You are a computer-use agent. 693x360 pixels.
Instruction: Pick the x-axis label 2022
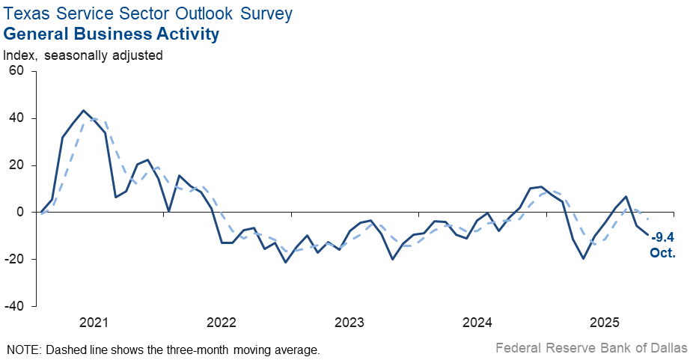point(222,323)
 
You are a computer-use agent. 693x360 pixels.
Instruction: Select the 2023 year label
point(349,323)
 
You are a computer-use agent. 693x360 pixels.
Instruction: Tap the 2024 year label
point(477,323)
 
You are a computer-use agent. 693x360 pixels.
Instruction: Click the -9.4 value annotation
point(663,237)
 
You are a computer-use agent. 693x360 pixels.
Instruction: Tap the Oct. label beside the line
point(663,253)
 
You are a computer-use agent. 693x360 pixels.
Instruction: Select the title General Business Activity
point(112,34)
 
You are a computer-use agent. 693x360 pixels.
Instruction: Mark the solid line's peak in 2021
point(83,111)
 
